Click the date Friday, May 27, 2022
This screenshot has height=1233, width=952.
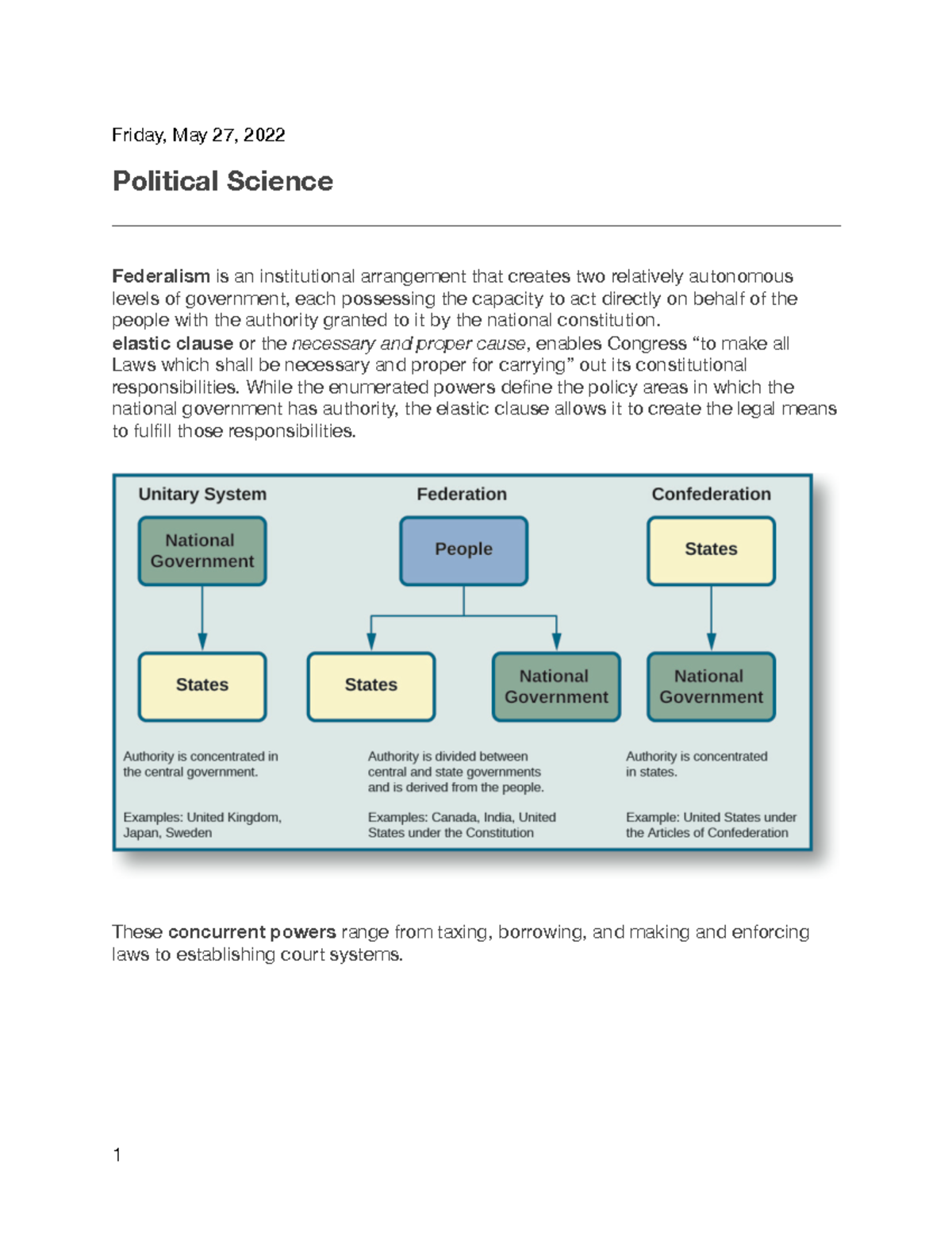click(x=198, y=135)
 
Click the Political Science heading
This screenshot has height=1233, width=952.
click(x=223, y=181)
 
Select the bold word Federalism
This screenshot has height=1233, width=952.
click(x=161, y=276)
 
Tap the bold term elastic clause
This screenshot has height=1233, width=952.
click(x=173, y=344)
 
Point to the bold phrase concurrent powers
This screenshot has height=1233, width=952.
click(x=251, y=932)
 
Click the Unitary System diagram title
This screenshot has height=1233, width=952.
click(x=202, y=494)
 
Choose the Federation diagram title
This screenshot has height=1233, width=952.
click(x=462, y=494)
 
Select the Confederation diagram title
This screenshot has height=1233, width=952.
click(x=711, y=494)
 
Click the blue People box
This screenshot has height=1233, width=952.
click(x=463, y=550)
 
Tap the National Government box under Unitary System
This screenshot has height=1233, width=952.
click(x=202, y=550)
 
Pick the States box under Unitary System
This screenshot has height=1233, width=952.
click(x=202, y=686)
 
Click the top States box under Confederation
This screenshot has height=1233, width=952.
click(x=711, y=550)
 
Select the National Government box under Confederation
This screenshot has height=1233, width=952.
click(x=711, y=686)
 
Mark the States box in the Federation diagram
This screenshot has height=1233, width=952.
click(x=371, y=686)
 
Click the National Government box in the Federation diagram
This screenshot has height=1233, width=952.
click(x=556, y=686)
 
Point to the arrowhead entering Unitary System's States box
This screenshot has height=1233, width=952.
click(x=202, y=643)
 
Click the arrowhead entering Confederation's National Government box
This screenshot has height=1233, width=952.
click(x=711, y=643)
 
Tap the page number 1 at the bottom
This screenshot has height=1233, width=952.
click(x=117, y=1155)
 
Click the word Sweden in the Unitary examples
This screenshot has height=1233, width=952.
click(x=189, y=833)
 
